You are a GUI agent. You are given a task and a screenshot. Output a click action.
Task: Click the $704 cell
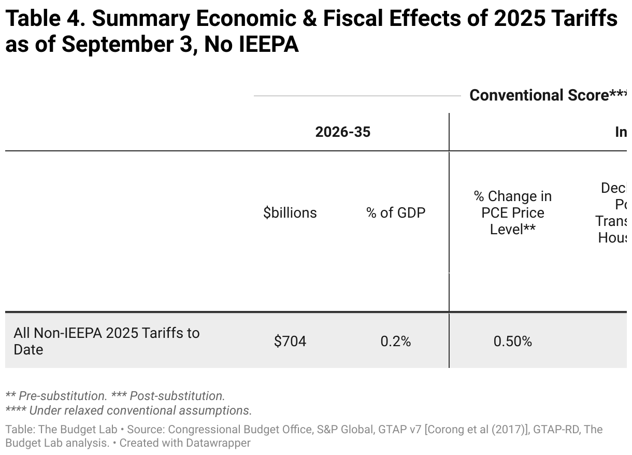(290, 342)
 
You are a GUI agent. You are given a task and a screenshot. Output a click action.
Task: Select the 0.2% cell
(395, 342)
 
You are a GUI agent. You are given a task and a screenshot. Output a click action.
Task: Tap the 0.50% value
(512, 342)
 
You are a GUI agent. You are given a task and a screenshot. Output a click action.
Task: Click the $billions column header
(290, 213)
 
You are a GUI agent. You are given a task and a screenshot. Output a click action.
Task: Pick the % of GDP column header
(396, 213)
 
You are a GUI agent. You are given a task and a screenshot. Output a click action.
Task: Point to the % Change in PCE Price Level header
(512, 213)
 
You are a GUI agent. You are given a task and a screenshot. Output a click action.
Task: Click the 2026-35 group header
(343, 132)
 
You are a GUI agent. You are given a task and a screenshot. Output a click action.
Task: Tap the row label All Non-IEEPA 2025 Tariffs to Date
(106, 341)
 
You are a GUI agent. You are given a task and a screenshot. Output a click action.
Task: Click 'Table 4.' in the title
(44, 20)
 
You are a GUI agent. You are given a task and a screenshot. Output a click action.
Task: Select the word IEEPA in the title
(269, 45)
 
